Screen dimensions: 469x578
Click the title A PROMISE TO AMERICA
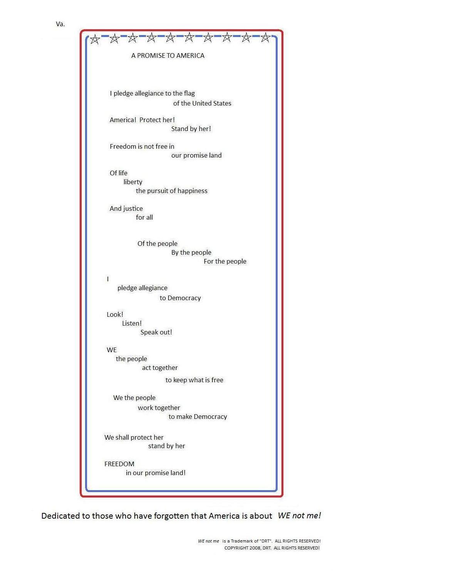167,55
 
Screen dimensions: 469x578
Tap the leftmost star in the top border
95,39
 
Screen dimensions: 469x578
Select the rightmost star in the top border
265,38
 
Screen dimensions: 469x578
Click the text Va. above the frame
60,24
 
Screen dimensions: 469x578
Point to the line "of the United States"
202,103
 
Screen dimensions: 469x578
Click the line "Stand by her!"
191,129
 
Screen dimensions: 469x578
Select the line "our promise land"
196,155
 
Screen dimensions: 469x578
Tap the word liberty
133,182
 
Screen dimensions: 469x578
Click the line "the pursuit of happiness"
171,191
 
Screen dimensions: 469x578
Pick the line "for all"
144,217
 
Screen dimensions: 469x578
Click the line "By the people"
191,252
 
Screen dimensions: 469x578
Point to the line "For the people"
225,261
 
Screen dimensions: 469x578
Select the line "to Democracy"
180,298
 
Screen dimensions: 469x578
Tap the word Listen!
132,323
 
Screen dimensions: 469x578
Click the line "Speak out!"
156,332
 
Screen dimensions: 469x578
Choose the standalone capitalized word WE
112,350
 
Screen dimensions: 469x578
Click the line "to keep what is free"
194,380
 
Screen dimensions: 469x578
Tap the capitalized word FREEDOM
119,464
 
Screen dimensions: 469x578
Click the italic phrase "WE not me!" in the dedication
299,516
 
